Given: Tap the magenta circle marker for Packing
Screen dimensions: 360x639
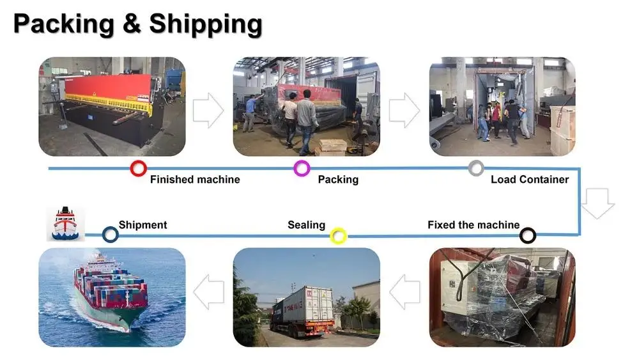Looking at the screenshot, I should pyautogui.click(x=302, y=169).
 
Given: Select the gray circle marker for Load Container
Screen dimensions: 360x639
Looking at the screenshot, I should pyautogui.click(x=476, y=168).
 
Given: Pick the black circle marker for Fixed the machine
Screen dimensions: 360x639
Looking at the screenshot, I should pyautogui.click(x=527, y=236).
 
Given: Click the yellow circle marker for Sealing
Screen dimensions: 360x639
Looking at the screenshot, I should pyautogui.click(x=338, y=237).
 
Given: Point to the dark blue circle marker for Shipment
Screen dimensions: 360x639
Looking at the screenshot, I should pyautogui.click(x=111, y=235).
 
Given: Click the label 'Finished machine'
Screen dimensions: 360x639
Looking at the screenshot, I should pyautogui.click(x=195, y=180).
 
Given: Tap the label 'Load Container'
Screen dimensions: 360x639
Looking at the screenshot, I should pyautogui.click(x=529, y=180).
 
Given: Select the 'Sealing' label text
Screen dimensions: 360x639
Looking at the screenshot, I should pyautogui.click(x=306, y=225).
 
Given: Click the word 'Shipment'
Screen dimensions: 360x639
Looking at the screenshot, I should pyautogui.click(x=142, y=225).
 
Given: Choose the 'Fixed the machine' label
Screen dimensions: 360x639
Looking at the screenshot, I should pyautogui.click(x=473, y=225).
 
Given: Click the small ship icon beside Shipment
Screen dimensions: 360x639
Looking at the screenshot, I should pyautogui.click(x=66, y=223).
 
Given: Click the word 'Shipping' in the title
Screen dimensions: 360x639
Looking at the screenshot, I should pyautogui.click(x=206, y=24).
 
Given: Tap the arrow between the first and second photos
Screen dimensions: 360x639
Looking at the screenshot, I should pyautogui.click(x=208, y=110).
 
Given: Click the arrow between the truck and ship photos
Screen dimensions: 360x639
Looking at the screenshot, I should pyautogui.click(x=208, y=293).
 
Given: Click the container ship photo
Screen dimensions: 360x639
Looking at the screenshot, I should pyautogui.click(x=112, y=297).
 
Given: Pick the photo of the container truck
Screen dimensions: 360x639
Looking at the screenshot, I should pyautogui.click(x=306, y=297).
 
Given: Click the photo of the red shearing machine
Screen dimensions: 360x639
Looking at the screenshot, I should pyautogui.click(x=112, y=107).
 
